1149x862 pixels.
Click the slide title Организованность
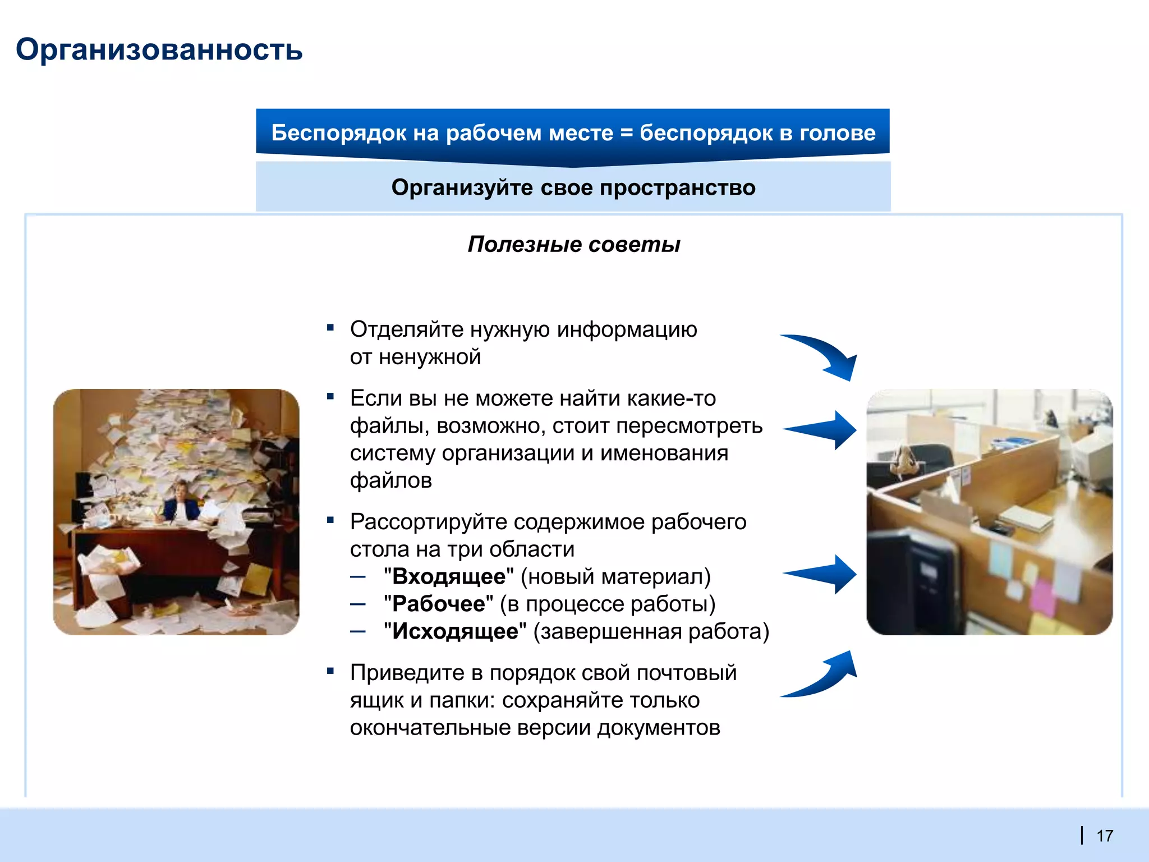[x=159, y=49]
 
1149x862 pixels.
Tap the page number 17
[x=1104, y=836]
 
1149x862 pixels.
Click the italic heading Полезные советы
[x=573, y=245]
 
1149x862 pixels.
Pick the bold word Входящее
[x=449, y=576]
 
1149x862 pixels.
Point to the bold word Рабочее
[x=438, y=604]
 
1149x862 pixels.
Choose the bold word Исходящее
[x=455, y=631]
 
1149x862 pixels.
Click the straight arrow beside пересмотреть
[x=822, y=430]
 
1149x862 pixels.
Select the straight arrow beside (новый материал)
[x=822, y=574]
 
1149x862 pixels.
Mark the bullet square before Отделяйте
[x=330, y=327]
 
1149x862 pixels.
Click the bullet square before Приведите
[x=330, y=671]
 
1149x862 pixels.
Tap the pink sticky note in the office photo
[x=1042, y=597]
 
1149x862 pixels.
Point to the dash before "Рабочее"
[x=358, y=604]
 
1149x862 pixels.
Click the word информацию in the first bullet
[x=627, y=329]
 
